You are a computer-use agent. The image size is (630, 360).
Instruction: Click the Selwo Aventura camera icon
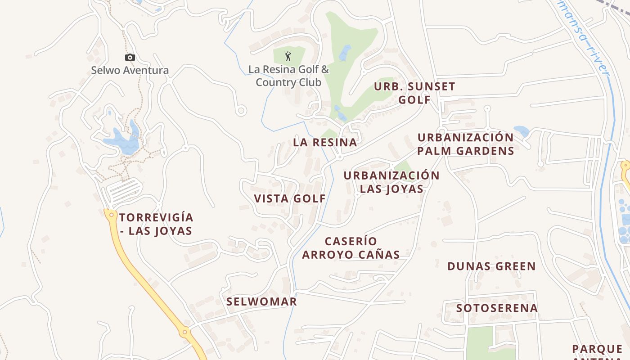point(130,57)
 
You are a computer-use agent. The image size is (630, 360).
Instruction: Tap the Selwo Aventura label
point(130,70)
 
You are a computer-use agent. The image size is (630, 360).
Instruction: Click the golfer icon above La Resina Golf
point(288,56)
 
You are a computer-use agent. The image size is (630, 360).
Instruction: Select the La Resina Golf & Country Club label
point(288,76)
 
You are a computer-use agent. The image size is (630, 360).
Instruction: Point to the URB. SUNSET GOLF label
point(414,93)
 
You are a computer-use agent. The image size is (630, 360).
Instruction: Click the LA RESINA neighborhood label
point(325,143)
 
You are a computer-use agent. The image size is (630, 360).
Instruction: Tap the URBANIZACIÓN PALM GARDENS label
point(465,144)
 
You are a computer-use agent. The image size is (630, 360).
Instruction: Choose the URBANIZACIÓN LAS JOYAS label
point(391,182)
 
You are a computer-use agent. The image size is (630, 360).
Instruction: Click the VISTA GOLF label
point(290,198)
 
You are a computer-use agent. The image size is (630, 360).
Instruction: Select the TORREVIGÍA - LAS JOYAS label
point(156,224)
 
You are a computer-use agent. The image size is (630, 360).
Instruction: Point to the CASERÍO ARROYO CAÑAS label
point(351,248)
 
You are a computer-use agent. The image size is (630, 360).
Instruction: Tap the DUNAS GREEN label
point(491,266)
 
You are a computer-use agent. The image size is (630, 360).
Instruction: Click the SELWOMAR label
point(261,301)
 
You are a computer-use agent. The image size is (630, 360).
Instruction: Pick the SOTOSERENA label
point(497,308)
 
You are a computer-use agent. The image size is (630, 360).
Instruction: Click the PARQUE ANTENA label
point(597,351)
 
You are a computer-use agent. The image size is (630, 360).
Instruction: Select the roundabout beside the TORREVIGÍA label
point(111,215)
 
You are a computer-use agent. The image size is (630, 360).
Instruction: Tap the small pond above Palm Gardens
point(521,131)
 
